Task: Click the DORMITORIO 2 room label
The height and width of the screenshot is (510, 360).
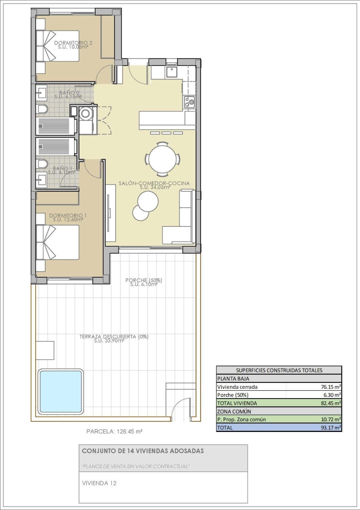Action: coord(73,43)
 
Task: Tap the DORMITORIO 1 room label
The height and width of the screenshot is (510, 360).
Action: coord(68,216)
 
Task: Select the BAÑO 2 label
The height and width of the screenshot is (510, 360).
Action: coord(69,93)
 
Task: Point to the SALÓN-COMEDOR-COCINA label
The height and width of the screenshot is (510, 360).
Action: coord(154,183)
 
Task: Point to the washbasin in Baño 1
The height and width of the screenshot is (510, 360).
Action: coord(42,178)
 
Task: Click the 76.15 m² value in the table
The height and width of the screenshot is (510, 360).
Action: coord(331,387)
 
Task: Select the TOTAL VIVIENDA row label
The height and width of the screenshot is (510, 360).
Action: coord(237,403)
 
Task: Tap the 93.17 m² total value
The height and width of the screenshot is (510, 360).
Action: coord(331,427)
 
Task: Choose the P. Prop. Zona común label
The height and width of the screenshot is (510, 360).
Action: coord(241,419)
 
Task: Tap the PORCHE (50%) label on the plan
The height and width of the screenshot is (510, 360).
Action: coord(144,280)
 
